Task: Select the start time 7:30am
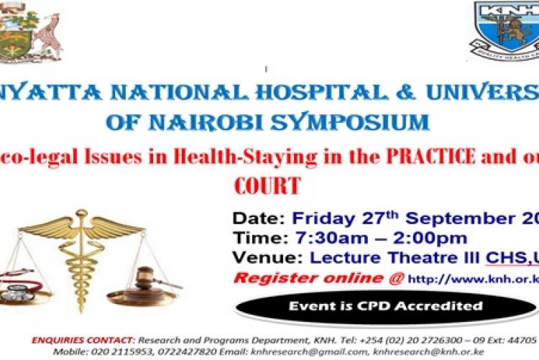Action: click(317, 239)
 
